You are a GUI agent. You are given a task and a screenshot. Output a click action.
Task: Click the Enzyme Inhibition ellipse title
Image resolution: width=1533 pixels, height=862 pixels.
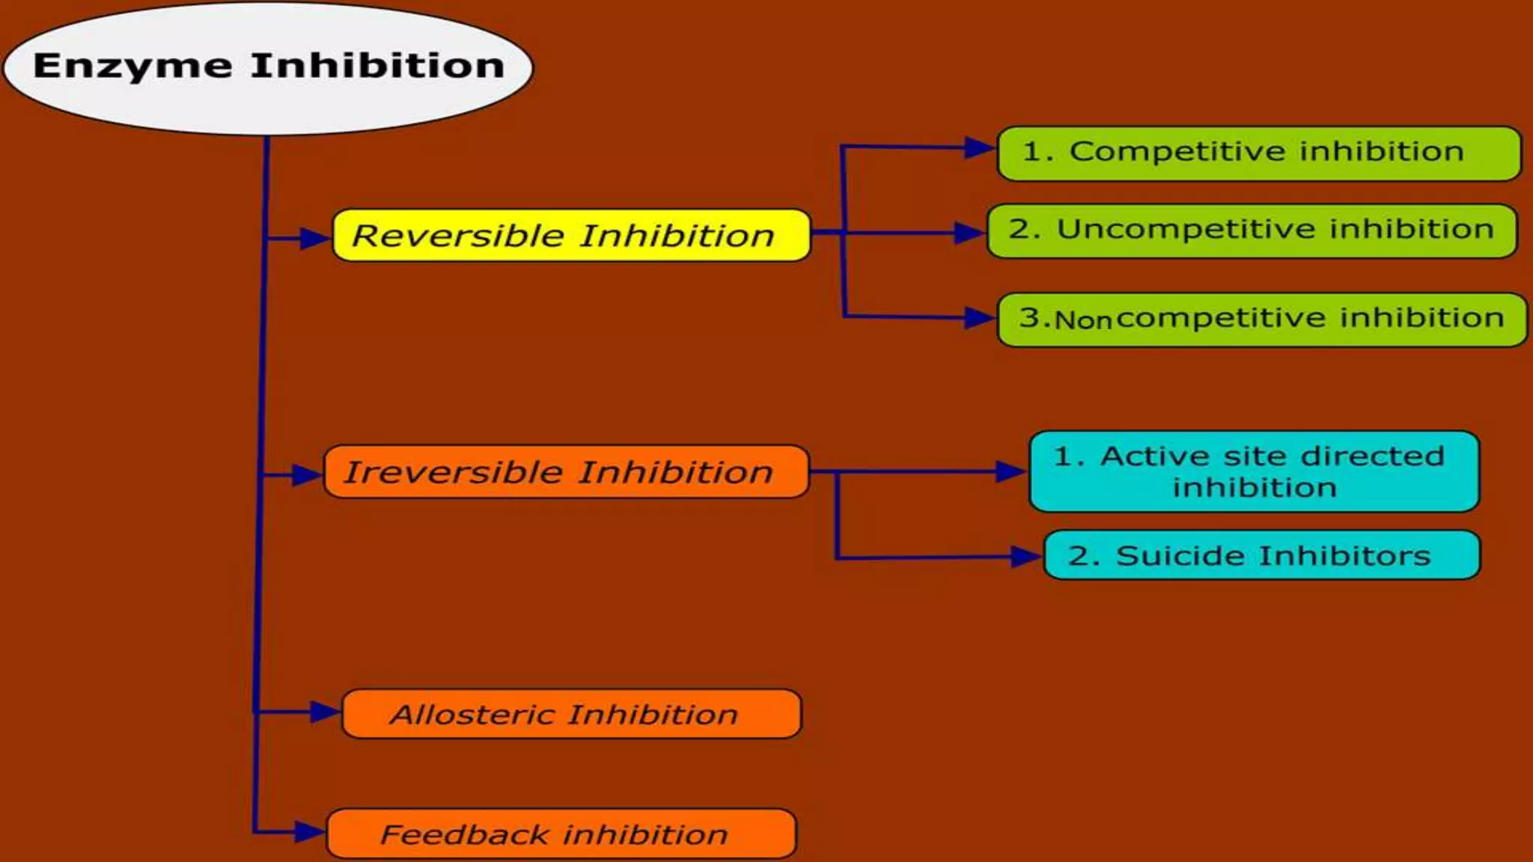click(x=268, y=67)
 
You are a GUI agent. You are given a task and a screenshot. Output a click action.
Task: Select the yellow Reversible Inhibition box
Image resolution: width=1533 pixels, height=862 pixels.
click(x=570, y=236)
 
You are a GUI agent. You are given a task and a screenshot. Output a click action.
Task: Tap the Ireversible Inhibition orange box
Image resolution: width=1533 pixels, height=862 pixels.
click(x=566, y=472)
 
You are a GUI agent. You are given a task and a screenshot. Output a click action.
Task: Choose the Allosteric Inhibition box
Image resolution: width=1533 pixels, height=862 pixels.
click(x=570, y=715)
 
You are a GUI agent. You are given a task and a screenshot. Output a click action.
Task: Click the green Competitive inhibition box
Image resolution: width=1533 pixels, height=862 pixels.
click(x=1259, y=153)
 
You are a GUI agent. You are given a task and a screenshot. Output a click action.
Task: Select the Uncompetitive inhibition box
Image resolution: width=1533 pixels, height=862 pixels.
click(x=1252, y=230)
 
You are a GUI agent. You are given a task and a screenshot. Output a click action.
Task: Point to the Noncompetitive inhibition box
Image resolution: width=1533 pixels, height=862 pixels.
click(x=1262, y=320)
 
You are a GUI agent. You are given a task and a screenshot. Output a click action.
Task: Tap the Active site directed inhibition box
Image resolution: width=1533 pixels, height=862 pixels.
click(x=1254, y=471)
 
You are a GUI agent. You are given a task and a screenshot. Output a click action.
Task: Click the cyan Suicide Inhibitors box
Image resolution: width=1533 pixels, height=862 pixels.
click(x=1261, y=555)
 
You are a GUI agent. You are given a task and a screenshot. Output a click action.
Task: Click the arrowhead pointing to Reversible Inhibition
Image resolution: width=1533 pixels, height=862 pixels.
click(x=314, y=239)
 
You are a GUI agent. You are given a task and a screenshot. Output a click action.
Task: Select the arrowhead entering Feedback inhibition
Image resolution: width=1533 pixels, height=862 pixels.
click(x=308, y=831)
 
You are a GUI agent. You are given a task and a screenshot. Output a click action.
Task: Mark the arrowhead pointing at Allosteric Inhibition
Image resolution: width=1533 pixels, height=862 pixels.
click(x=324, y=712)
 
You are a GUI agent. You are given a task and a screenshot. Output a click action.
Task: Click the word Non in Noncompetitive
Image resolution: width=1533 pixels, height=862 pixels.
click(x=1082, y=320)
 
